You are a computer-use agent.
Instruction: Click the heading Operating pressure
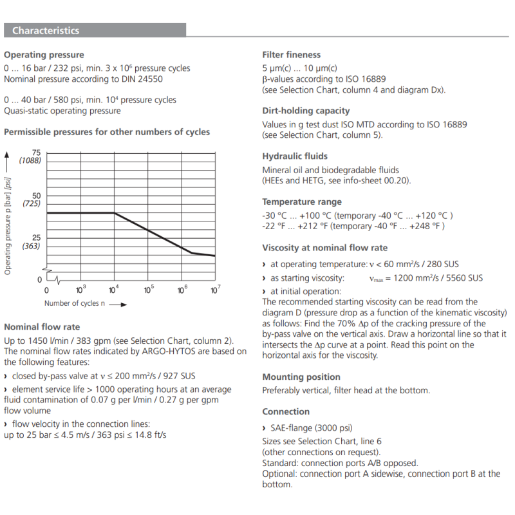point(44,55)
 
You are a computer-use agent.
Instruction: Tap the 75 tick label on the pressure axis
point(36,152)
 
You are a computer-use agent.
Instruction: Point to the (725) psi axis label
point(32,203)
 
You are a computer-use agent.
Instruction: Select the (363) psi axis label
point(32,246)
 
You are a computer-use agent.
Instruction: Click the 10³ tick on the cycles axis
point(81,290)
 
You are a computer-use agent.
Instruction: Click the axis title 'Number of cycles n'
point(75,303)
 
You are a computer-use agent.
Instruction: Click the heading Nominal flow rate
point(42,327)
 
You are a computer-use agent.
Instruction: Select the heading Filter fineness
point(291,55)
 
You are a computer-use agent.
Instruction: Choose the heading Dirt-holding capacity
point(306,111)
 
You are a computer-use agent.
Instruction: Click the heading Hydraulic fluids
point(295,156)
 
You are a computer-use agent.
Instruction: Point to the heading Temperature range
point(302,201)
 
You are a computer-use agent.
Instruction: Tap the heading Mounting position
point(301,377)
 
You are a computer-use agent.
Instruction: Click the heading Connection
point(286,411)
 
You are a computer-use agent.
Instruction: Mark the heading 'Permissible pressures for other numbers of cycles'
point(107,132)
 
